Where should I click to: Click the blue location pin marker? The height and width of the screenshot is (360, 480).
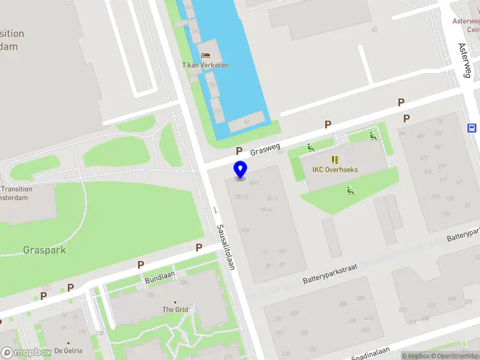tap(240, 169)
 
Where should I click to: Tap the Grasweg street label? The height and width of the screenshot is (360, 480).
tap(265, 145)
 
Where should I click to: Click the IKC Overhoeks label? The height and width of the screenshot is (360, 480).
tap(335, 170)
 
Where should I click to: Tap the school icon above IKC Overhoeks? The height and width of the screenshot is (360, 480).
tap(335, 160)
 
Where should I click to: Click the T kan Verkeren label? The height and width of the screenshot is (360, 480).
tap(205, 65)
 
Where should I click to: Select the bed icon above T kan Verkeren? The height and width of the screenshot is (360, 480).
tap(205, 55)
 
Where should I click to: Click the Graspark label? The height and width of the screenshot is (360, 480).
tap(44, 250)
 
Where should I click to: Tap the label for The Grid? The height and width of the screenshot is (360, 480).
tap(175, 310)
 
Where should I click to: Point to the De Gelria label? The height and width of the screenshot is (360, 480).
tap(68, 350)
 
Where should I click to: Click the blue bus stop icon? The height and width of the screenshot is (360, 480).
tap(472, 127)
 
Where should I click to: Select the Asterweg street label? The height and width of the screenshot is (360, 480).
tap(465, 60)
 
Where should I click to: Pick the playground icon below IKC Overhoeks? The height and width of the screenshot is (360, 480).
tap(349, 191)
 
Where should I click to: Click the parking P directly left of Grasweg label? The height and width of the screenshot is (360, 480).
tap(239, 151)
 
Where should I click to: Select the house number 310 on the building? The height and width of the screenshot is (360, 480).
tap(245, 230)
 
